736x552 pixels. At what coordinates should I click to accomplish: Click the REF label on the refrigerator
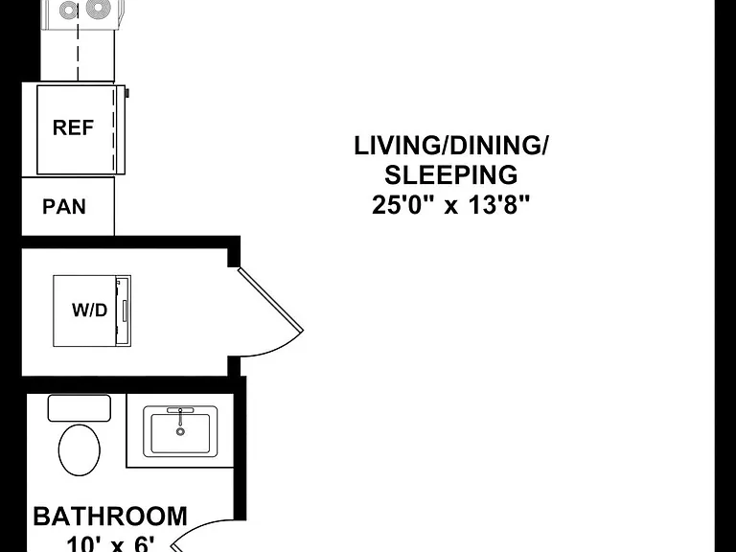(x=73, y=127)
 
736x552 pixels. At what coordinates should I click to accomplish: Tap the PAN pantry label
(x=64, y=207)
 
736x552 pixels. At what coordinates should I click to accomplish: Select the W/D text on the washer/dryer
(x=90, y=310)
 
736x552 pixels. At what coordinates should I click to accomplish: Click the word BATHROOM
(x=110, y=517)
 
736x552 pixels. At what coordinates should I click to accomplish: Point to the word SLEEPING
(x=451, y=174)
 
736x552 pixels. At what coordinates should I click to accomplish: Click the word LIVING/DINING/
(x=450, y=146)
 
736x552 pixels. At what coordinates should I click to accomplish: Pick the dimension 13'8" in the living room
(x=499, y=205)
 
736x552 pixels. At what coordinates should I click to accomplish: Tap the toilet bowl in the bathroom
(x=80, y=450)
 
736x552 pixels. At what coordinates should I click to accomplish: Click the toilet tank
(x=80, y=408)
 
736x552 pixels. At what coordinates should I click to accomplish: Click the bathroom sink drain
(x=180, y=431)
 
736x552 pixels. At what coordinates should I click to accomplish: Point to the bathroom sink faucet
(x=180, y=414)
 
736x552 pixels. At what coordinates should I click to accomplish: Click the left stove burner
(x=69, y=10)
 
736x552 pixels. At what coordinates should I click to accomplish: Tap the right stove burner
(x=98, y=8)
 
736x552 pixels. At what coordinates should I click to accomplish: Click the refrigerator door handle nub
(x=127, y=93)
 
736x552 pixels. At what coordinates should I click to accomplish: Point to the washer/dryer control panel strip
(x=124, y=311)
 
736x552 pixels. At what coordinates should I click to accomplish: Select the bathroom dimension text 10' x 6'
(x=110, y=544)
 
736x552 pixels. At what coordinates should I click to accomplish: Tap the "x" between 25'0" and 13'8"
(x=451, y=207)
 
